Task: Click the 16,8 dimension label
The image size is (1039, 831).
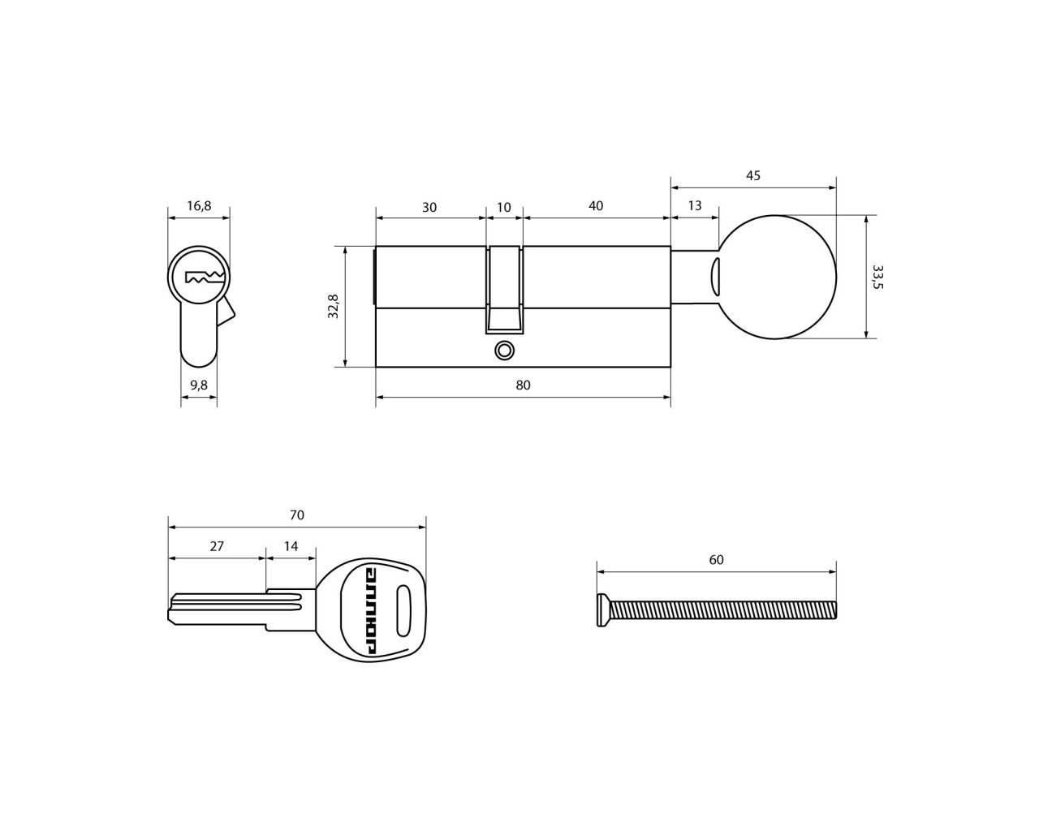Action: [199, 206]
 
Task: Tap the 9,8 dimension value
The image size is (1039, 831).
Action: [198, 385]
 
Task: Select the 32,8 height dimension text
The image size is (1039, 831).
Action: [333, 306]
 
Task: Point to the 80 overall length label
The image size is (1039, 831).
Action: [523, 385]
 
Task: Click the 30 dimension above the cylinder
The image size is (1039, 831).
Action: [429, 207]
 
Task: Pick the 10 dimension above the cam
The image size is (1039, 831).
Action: [503, 207]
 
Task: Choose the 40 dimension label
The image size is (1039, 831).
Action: [596, 205]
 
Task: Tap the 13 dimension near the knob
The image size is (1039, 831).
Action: [694, 205]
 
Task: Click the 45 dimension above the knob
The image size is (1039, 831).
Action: [753, 175]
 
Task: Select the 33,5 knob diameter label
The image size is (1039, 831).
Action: [877, 277]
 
